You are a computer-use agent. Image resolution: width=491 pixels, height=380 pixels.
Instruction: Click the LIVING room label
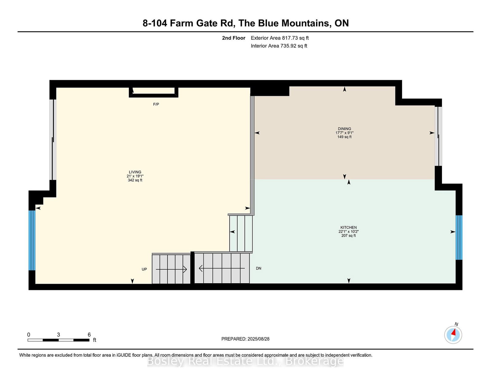tap(135, 172)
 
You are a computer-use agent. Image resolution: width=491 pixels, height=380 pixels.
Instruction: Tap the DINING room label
tap(344, 129)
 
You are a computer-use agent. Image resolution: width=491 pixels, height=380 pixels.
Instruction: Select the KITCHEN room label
tap(348, 228)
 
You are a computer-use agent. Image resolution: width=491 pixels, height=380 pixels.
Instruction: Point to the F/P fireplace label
tap(156, 104)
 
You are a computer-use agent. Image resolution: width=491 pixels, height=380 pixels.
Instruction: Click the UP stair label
tap(144, 269)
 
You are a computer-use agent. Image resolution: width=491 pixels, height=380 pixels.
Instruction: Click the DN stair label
tap(258, 268)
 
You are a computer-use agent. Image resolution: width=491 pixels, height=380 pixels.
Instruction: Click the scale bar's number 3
tap(58, 335)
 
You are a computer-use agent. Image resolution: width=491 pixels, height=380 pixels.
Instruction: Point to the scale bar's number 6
tap(89, 335)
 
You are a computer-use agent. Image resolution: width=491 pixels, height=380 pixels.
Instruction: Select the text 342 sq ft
tap(135, 180)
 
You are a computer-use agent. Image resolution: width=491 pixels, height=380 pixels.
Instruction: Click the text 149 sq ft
tap(344, 137)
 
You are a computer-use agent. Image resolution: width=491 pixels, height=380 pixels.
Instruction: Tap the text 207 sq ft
tap(348, 236)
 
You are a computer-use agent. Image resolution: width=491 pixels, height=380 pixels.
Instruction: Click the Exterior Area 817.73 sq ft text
tap(280, 38)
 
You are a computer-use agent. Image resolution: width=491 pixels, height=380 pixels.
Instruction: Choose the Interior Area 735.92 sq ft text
tap(279, 46)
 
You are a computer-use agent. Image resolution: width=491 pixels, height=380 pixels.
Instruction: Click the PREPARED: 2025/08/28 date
tap(245, 339)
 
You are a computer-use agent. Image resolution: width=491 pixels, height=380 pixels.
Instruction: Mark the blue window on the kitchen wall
tap(459, 237)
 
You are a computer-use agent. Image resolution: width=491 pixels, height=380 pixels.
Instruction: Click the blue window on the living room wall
tap(32, 241)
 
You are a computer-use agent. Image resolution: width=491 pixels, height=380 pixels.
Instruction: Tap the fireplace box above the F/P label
tap(153, 92)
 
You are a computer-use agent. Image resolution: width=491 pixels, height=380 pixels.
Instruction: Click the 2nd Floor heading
tap(234, 38)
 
